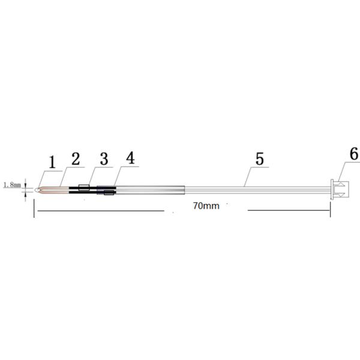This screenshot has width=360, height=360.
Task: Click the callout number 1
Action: pos(52,163)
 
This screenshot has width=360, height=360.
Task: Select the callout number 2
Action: pos(76,159)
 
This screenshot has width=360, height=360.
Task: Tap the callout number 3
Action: pos(104,159)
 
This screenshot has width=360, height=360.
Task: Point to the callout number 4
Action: pos(131,158)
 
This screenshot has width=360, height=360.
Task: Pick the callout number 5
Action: pos(260,159)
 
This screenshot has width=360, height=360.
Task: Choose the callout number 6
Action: pos(354,154)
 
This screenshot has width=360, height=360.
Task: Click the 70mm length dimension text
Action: pos(206,206)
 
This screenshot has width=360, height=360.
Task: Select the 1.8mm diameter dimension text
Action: pos(12,184)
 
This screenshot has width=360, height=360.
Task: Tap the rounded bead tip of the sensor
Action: pos(37,190)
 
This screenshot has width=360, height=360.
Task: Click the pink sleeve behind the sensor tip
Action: pos(54,190)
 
